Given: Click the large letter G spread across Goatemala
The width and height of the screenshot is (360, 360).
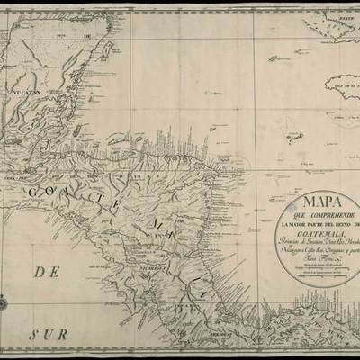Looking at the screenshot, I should (34, 193).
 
